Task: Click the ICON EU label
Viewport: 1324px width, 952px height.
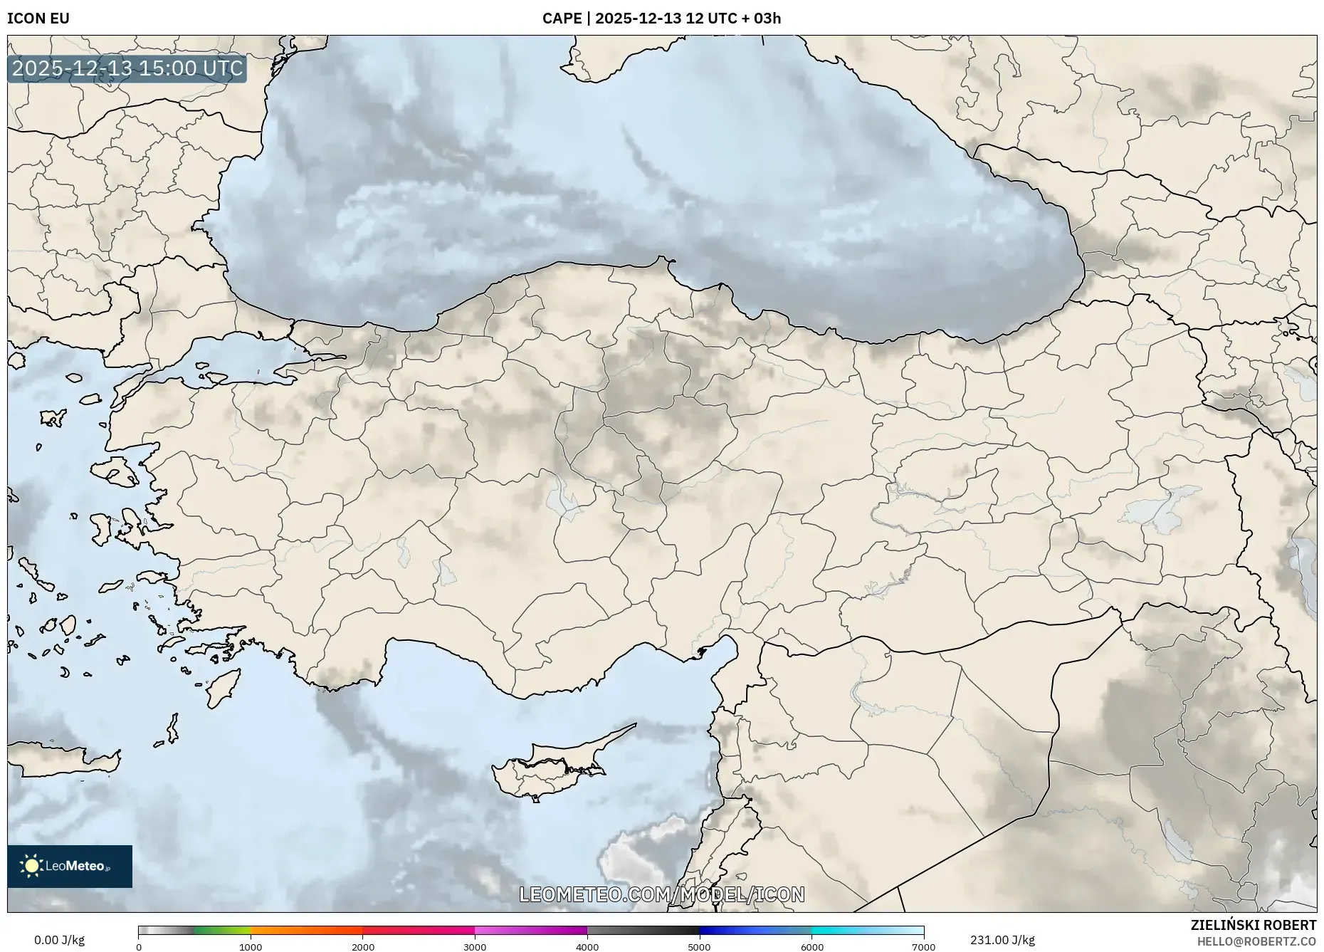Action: pyautogui.click(x=38, y=19)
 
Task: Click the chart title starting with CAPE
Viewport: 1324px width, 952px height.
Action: pyautogui.click(x=661, y=19)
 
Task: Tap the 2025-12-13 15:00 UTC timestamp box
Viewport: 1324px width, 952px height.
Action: pyautogui.click(x=127, y=68)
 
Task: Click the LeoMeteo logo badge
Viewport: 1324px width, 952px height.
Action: pyautogui.click(x=70, y=866)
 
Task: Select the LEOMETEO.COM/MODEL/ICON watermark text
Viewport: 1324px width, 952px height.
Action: pyautogui.click(x=662, y=894)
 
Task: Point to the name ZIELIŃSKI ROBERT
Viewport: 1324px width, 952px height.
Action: pyautogui.click(x=1253, y=925)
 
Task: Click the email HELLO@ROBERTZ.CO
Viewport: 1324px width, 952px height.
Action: pyautogui.click(x=1256, y=941)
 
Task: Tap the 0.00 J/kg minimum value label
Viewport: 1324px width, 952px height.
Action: pyautogui.click(x=59, y=940)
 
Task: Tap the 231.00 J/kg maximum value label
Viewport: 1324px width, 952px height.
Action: pyautogui.click(x=1002, y=940)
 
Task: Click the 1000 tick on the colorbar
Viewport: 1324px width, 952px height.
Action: pyautogui.click(x=251, y=947)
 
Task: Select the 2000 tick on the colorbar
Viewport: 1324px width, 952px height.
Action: pyautogui.click(x=363, y=947)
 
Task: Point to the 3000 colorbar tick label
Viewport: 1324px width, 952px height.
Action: pyautogui.click(x=475, y=947)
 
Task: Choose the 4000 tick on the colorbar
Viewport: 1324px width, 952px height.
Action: pyautogui.click(x=587, y=947)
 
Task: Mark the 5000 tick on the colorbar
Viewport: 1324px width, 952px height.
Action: pyautogui.click(x=699, y=947)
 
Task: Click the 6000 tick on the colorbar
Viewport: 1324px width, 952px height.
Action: pyautogui.click(x=811, y=947)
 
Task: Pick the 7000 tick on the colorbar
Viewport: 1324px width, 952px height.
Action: pyautogui.click(x=923, y=947)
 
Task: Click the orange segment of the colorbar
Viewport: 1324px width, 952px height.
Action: pyautogui.click(x=306, y=931)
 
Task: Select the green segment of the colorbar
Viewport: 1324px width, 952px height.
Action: pyautogui.click(x=222, y=931)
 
